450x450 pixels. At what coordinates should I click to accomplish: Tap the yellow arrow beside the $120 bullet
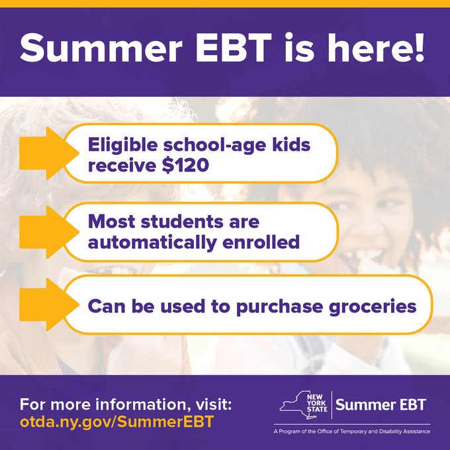41,154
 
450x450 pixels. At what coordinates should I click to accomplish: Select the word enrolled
260,242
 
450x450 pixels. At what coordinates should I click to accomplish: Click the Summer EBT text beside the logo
382,404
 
